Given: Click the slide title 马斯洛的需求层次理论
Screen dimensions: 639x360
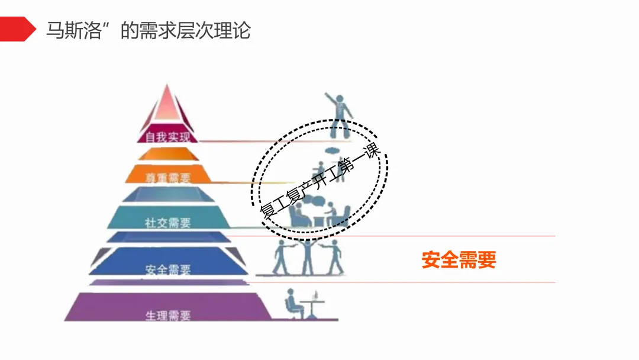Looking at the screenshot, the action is pos(148,30).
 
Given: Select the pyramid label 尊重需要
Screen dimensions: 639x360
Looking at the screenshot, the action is pos(168,177).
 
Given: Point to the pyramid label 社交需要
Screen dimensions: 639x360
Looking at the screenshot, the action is pos(168,223).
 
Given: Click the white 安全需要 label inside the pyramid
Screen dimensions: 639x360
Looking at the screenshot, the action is pos(168,270).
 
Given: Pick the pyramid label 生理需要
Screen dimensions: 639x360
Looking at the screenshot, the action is pos(168,315).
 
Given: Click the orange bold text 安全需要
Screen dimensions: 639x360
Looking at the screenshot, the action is pos(459,259).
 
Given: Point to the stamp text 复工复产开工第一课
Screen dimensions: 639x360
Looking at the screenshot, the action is pos(319,181).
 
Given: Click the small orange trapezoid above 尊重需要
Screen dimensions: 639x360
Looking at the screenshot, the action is pos(168,155).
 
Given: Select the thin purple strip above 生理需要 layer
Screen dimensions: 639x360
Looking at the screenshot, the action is pos(168,283).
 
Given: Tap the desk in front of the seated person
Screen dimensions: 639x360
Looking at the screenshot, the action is pos(312,304).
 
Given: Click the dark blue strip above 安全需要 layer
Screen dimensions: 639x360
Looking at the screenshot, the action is pos(168,237).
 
